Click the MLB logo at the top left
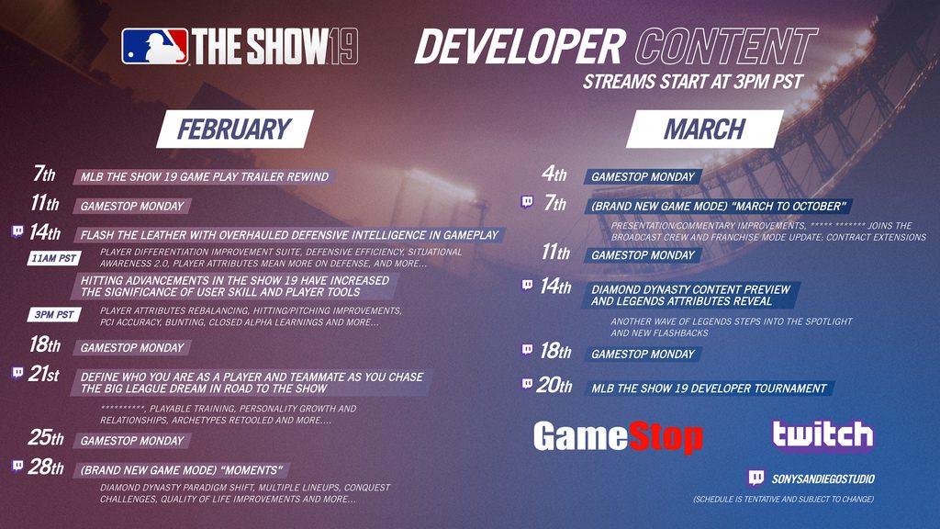click(154, 46)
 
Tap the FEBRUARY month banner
click(235, 129)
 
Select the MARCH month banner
click(704, 129)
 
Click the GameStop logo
click(618, 436)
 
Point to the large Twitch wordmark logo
click(822, 434)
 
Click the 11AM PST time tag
click(54, 258)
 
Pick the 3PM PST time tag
click(54, 314)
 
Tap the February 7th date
click(44, 174)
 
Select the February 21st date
click(44, 374)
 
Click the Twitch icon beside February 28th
click(18, 466)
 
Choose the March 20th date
click(554, 385)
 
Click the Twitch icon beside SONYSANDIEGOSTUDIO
click(756, 478)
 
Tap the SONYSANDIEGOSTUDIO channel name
click(823, 478)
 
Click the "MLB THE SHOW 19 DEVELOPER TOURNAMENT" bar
click(710, 388)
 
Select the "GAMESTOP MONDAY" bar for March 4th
click(643, 176)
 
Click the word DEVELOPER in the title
click(520, 47)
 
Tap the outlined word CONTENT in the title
click(727, 47)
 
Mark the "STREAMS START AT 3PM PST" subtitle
click(693, 82)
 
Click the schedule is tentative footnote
click(784, 499)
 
